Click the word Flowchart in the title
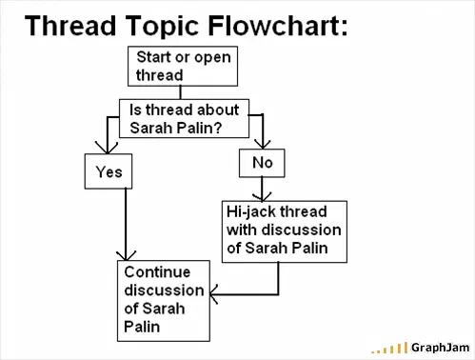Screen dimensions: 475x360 point(278,26)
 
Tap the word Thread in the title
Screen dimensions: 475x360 point(70,26)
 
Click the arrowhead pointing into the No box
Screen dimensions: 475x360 point(263,145)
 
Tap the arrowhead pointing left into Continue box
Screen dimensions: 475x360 point(213,294)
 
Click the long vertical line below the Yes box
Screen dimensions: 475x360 point(126,225)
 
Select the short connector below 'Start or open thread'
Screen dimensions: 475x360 point(181,92)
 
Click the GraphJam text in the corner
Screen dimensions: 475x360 point(440,348)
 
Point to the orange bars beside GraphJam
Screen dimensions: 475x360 point(389,349)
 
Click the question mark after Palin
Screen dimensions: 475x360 point(217,128)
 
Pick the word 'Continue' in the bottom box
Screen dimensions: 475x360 point(157,272)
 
